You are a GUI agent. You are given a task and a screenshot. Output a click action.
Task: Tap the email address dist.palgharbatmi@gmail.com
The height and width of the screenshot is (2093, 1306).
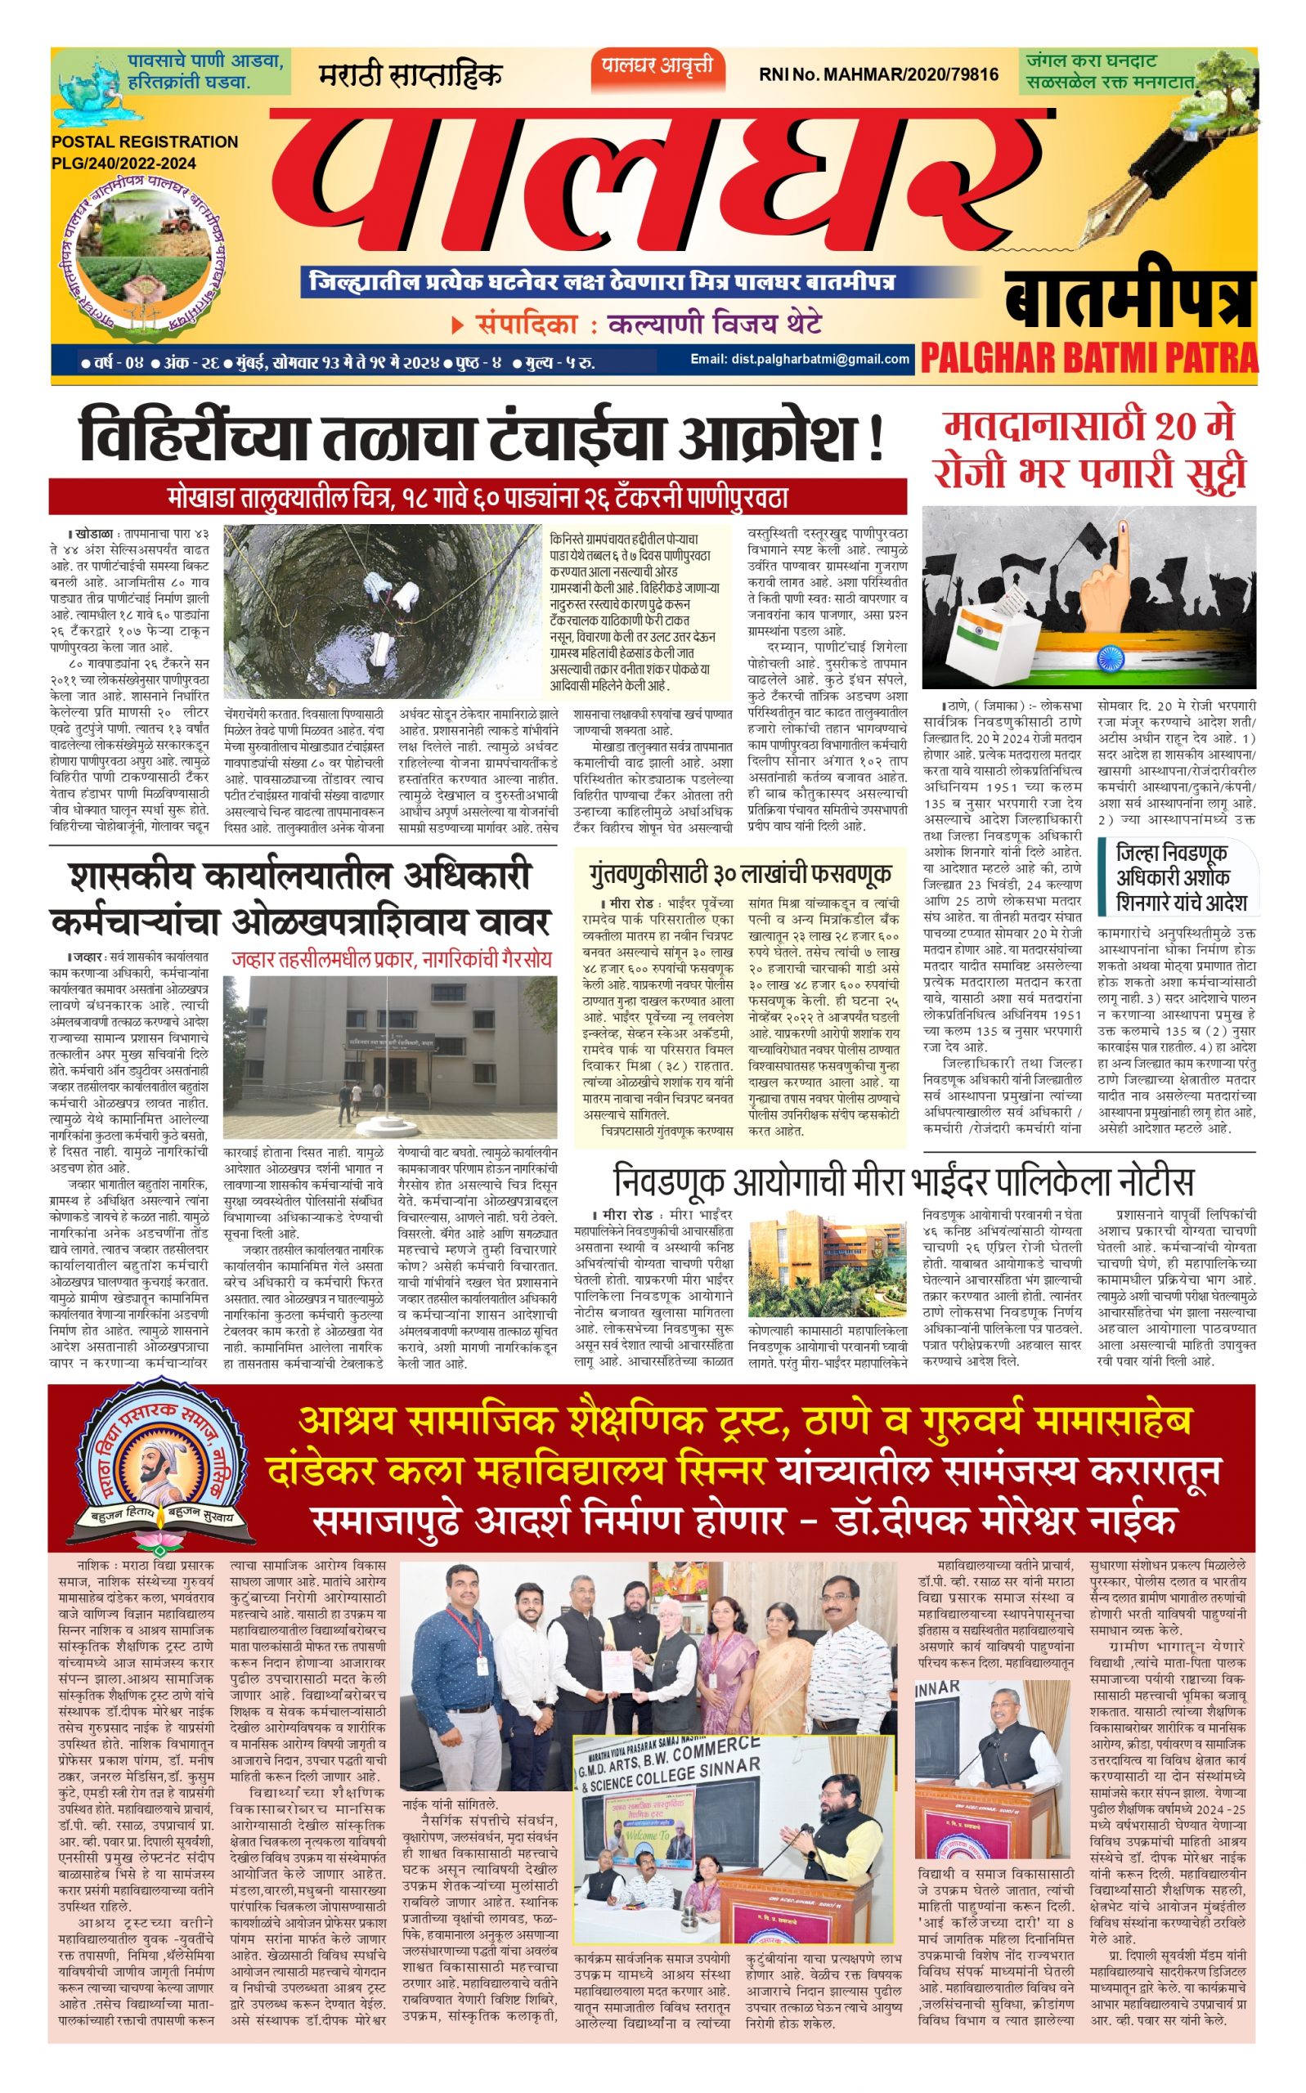click(x=799, y=359)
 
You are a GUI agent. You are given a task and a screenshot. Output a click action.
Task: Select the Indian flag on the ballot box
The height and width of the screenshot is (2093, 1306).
click(x=980, y=633)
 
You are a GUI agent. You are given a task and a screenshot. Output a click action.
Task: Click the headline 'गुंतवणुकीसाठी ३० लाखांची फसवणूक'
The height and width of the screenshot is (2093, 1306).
click(x=740, y=873)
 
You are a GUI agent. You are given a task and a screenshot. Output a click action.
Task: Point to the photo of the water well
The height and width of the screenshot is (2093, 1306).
click(x=381, y=611)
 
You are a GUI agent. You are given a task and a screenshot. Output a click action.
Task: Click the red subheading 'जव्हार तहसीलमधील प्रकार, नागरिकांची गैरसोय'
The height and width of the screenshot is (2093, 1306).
click(x=391, y=959)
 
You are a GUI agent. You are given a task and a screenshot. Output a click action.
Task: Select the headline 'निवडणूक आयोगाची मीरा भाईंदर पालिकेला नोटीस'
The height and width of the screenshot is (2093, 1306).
click(x=903, y=1181)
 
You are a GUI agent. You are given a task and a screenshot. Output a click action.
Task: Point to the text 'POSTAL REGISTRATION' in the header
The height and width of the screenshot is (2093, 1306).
click(x=144, y=141)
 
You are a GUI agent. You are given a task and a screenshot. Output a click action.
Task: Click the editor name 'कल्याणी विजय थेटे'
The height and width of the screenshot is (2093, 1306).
click(x=714, y=325)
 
